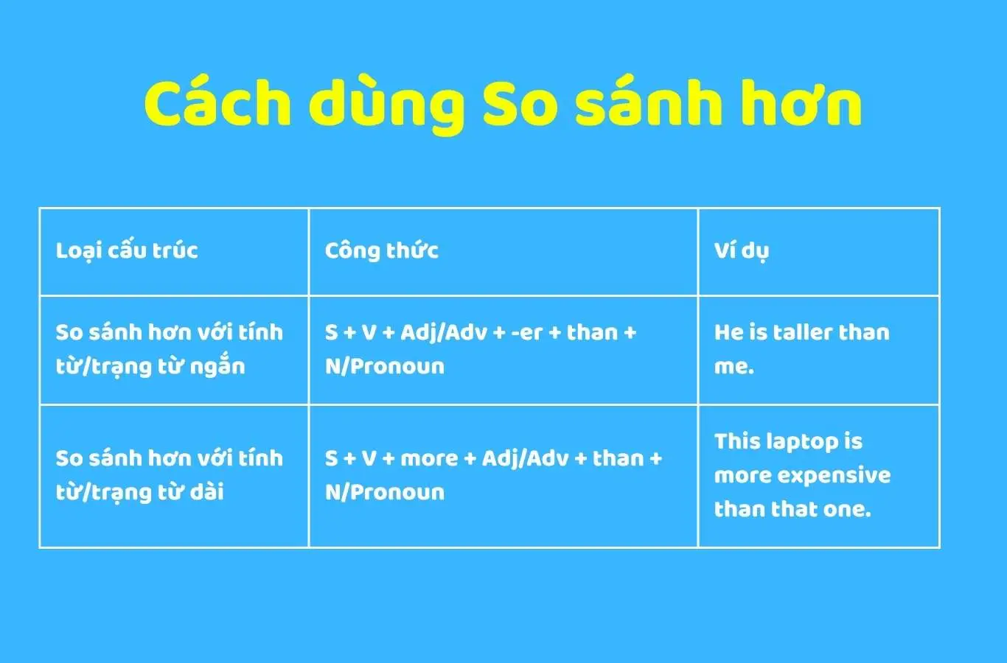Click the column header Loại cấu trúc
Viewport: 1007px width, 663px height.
pyautogui.click(x=127, y=250)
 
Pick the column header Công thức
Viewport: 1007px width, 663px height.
pyautogui.click(x=382, y=250)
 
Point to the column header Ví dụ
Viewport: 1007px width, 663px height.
pyautogui.click(x=741, y=251)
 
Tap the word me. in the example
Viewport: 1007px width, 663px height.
pyautogui.click(x=734, y=367)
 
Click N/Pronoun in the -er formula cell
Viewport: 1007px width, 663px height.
pyautogui.click(x=385, y=366)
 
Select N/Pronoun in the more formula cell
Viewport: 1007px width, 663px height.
pyautogui.click(x=385, y=492)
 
